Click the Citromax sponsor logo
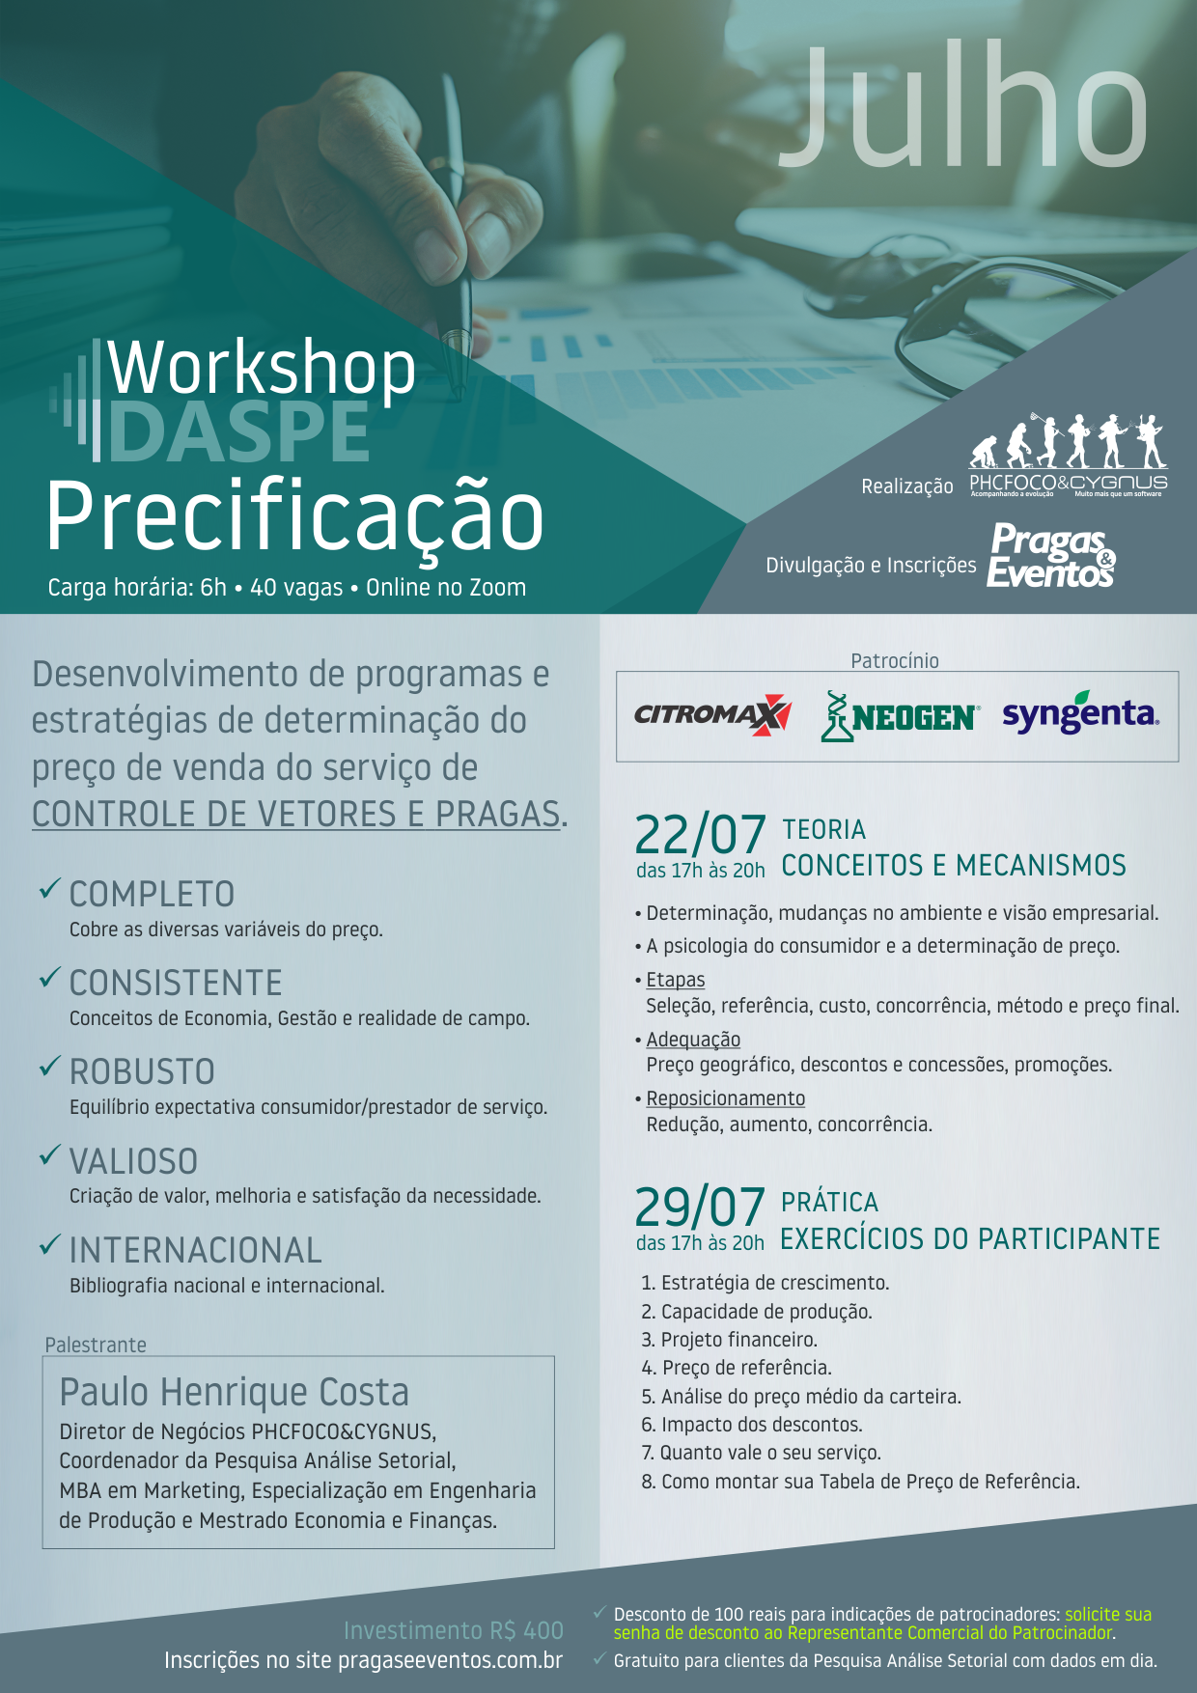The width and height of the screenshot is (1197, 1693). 713,715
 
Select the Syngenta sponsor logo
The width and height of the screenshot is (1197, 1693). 1080,712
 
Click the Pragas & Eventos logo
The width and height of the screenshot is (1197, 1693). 1051,555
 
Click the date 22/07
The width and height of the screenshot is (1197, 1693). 700,834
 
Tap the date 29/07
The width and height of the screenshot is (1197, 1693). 700,1207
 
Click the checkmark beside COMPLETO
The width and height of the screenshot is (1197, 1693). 50,889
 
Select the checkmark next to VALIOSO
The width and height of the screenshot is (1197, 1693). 50,1155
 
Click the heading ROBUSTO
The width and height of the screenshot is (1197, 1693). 142,1071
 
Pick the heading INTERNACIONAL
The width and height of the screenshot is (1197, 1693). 196,1250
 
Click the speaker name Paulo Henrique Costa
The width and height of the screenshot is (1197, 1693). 235,1393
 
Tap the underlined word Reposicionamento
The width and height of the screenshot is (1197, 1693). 726,1098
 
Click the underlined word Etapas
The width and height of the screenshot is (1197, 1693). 676,980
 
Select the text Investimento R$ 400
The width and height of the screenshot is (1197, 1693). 454,1630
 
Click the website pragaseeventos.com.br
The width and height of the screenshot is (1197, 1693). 450,1660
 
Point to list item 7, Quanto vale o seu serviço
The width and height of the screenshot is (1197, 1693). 762,1453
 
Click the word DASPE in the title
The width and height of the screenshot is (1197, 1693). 239,431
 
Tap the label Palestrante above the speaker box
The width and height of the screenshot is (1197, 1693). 96,1345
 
